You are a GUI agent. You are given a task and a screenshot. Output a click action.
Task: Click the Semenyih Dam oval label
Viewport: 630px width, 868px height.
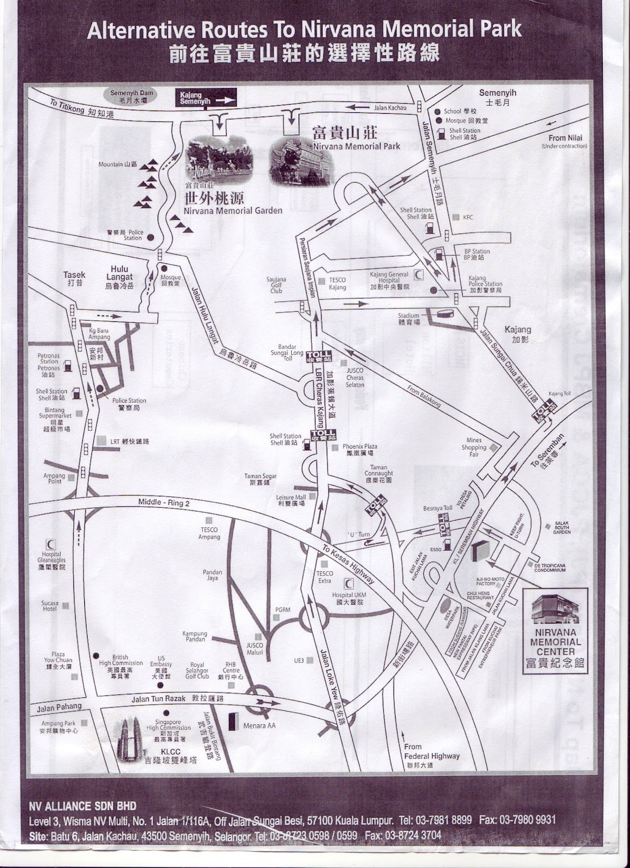[132, 97]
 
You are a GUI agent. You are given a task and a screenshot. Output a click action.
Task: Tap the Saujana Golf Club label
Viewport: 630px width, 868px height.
[277, 285]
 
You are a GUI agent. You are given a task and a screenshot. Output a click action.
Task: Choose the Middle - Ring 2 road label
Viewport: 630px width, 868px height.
[164, 502]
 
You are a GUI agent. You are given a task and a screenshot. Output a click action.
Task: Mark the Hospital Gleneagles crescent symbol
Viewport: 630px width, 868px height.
[52, 544]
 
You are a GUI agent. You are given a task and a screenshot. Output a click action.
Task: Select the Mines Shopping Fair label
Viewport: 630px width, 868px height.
[474, 447]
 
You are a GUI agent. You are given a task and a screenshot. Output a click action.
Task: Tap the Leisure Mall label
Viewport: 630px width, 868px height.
[291, 500]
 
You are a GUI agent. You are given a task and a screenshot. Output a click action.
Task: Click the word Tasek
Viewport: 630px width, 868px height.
[74, 276]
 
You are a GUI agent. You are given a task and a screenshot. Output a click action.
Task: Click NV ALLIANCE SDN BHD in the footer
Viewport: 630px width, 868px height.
[82, 806]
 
